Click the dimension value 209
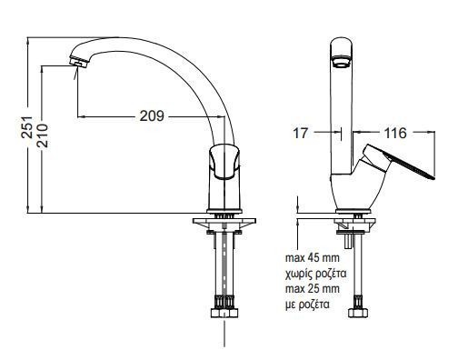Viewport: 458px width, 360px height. [x=152, y=115]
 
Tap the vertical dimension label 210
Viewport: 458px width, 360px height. [x=42, y=135]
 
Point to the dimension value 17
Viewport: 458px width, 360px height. [x=300, y=133]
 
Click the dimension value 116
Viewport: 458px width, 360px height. [x=395, y=133]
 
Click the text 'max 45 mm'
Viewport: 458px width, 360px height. [x=313, y=258]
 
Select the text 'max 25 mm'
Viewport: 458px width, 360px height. [x=313, y=288]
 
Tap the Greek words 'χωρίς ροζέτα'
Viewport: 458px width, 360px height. [x=315, y=274]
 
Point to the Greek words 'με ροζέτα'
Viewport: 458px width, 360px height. [x=307, y=305]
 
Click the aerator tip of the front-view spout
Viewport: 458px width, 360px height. [x=78, y=62]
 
